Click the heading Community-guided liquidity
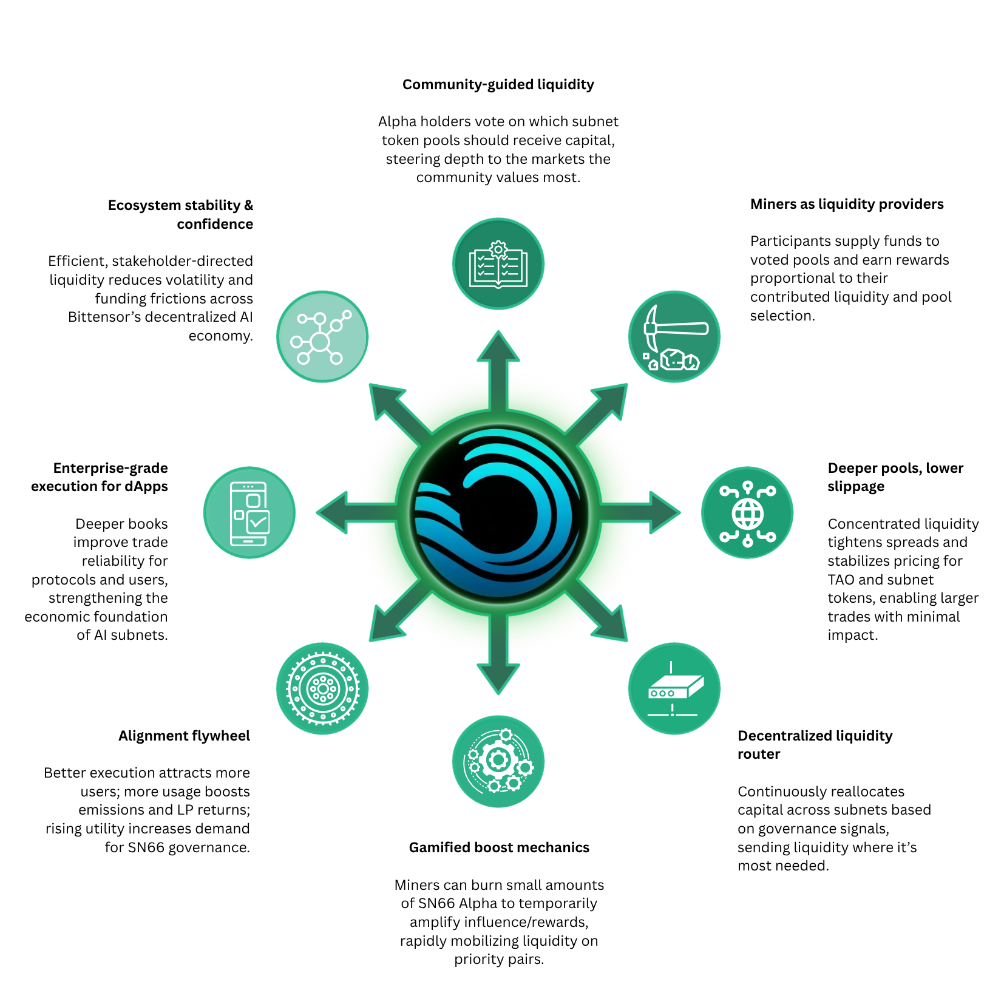pos(498,84)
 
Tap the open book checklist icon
pos(498,263)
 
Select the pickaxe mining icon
pos(674,336)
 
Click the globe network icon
pos(747,512)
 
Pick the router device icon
pos(674,688)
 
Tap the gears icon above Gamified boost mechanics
pos(498,761)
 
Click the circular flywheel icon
pos(322,688)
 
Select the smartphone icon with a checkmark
pos(249,512)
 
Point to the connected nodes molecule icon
pos(322,336)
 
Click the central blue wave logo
pos(498,512)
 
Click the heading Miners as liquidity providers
pos(847,204)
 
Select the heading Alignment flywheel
pos(184,736)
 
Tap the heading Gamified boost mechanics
pos(499,847)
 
